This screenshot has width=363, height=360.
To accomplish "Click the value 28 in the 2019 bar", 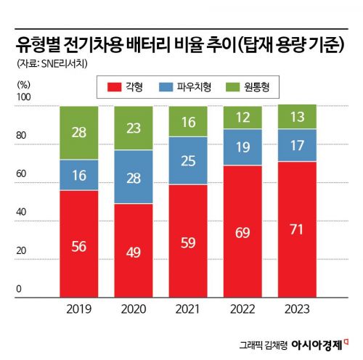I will tap(79, 132).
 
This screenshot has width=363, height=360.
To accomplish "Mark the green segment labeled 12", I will tap(243, 117).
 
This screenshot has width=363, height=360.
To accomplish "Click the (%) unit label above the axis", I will tap(23, 83).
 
